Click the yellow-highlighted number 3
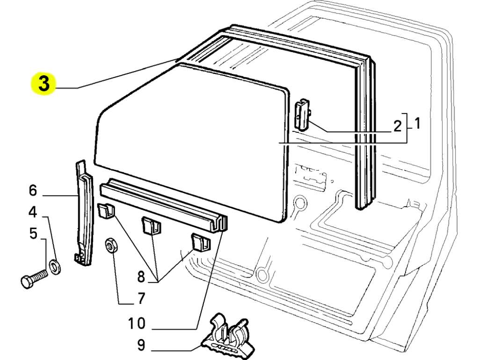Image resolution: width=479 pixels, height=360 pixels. click(44, 83)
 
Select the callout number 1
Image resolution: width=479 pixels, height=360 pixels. click(417, 123)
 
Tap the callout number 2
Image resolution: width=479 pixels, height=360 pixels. click(397, 126)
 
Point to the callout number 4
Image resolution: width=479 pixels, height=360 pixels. click(32, 212)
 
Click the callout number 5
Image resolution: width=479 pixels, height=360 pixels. click(33, 233)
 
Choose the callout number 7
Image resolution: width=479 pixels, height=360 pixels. click(140, 298)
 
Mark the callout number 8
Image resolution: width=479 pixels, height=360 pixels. click(141, 277)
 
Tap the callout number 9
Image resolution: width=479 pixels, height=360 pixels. click(140, 345)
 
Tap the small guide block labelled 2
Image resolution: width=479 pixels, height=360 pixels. click(302, 115)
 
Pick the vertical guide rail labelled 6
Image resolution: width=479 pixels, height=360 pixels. click(84, 213)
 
